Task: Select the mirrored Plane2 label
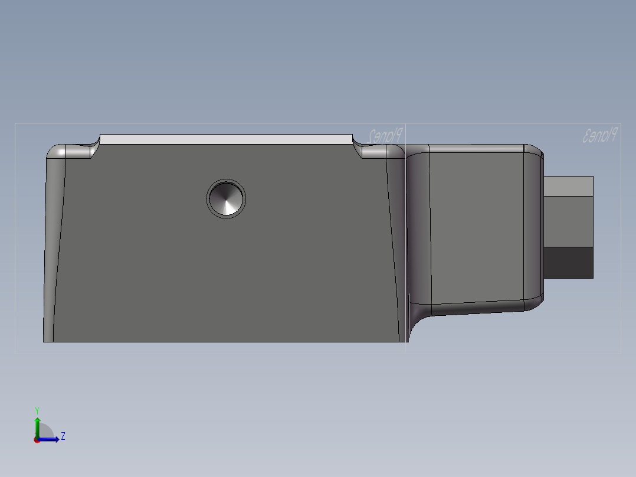point(385,135)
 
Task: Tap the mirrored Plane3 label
point(600,135)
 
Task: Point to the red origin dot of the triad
point(37,439)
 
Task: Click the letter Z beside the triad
point(63,436)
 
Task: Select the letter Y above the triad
point(37,410)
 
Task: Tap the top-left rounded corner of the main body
point(55,152)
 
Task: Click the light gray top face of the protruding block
point(568,186)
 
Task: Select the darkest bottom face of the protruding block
point(568,263)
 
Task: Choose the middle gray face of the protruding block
point(568,221)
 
